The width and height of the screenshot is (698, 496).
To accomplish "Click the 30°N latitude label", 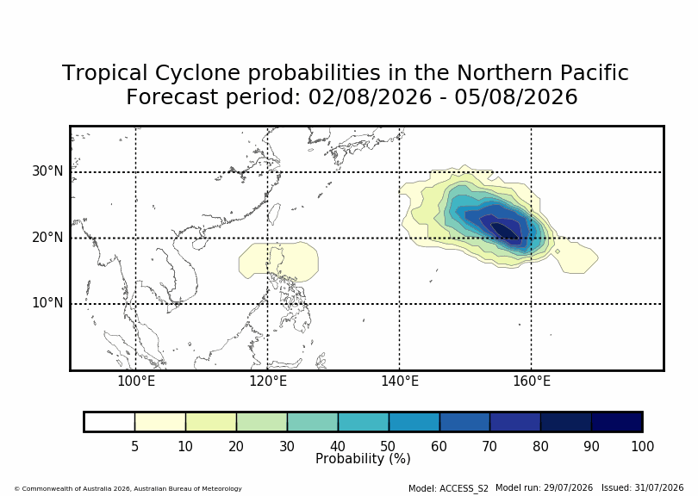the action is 47,171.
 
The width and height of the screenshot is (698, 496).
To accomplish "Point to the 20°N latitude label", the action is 47,238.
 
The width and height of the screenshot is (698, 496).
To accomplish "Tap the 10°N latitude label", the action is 47,303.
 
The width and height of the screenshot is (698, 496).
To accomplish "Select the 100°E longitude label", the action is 136,381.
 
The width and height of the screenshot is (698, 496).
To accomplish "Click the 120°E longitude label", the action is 267,381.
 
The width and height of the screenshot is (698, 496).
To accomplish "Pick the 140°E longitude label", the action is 400,381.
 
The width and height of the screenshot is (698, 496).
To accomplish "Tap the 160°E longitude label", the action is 532,381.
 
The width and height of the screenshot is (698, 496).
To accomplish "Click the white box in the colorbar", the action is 109,422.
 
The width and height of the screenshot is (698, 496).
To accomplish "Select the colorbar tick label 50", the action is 388,446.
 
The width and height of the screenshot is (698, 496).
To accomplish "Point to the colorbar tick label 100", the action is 642,446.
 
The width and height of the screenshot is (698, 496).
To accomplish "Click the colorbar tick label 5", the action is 135,446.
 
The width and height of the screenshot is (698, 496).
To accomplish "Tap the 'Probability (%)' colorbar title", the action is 363,459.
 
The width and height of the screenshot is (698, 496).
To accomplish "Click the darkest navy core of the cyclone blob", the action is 505,231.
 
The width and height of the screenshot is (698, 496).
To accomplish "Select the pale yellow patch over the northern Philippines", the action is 278,262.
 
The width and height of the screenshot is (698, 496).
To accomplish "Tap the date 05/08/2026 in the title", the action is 516,97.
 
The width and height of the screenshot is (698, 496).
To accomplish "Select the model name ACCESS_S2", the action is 464,488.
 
